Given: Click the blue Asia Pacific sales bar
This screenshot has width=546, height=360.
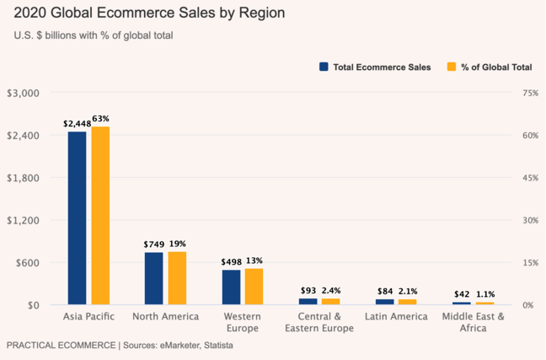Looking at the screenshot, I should click(78, 218).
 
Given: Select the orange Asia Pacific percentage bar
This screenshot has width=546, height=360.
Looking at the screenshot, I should click(100, 215).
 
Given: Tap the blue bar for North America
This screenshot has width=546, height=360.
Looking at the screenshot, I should click(154, 278).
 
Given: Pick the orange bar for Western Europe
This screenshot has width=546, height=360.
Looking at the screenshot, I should click(254, 287).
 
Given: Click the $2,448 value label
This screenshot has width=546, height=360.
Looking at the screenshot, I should click(77, 124).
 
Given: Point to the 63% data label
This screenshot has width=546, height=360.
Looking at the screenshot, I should click(101, 119).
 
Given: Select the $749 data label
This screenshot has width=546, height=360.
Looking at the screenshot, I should click(153, 244).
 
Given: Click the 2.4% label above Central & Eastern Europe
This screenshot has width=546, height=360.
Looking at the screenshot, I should click(331, 290).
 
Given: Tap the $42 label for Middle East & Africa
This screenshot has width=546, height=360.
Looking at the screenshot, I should click(462, 294).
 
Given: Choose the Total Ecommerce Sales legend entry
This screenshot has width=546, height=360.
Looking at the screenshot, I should click(375, 67).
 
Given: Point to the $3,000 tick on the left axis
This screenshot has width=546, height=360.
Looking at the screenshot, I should click(23, 93).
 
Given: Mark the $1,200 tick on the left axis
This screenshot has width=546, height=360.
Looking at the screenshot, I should click(23, 220).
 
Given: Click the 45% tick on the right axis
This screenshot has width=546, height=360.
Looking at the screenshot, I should click(530, 178).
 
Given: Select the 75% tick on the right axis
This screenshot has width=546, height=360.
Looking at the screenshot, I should click(530, 93).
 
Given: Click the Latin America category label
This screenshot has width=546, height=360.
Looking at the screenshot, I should click(397, 316).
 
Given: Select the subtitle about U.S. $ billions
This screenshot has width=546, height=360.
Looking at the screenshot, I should click(94, 35).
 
